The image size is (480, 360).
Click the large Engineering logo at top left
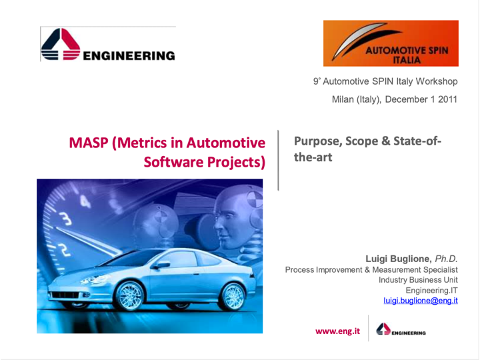coord(108,45)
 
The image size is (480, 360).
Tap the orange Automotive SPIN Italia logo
coord(391,43)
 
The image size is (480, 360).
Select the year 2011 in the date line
coord(447,99)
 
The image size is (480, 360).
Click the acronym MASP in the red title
coord(89,143)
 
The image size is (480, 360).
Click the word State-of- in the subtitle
coord(417,141)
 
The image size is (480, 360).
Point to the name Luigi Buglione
coord(399,259)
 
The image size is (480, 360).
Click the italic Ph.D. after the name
coord(446,259)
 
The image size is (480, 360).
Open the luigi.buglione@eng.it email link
coord(421,301)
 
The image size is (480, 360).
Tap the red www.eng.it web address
coord(337,331)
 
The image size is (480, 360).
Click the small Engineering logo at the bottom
coord(401,329)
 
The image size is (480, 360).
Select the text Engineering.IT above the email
coord(431,290)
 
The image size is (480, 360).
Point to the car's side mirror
coord(162,265)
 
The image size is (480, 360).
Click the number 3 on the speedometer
coord(65,219)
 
